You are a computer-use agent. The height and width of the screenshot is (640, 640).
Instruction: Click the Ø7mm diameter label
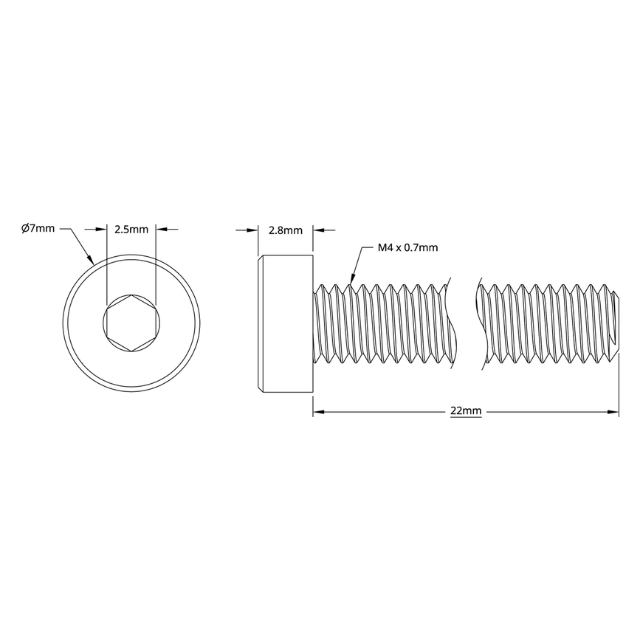(38, 229)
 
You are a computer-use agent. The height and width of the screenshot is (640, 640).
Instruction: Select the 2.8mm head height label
(285, 230)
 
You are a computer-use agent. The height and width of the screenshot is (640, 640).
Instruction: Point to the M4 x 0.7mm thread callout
(407, 247)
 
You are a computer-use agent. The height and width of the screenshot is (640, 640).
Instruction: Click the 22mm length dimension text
(466, 411)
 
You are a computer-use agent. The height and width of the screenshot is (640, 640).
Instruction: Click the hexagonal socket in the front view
(131, 322)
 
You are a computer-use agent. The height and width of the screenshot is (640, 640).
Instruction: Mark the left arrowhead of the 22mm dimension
(319, 411)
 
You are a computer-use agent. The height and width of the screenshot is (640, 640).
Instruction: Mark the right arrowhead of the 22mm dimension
(613, 411)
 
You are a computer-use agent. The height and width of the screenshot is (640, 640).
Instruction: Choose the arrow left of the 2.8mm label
(253, 230)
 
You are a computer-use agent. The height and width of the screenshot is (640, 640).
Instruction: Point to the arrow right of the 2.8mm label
(319, 230)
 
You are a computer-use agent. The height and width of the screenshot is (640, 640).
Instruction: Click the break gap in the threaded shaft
(463, 322)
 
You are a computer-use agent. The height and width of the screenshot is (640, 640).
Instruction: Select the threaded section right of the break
(546, 322)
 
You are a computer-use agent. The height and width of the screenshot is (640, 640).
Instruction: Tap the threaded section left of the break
(380, 322)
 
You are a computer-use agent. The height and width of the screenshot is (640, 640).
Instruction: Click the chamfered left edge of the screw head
(261, 322)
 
